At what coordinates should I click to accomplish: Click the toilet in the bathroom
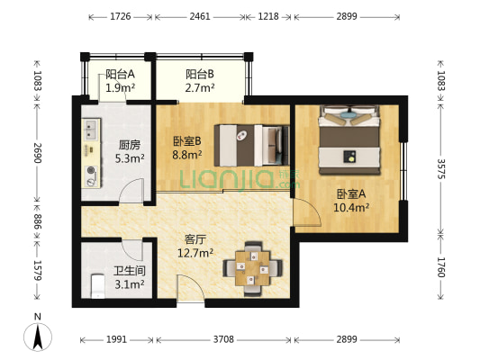click(x=98, y=287)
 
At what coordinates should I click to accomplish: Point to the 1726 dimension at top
click(x=121, y=16)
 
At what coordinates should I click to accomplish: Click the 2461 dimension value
click(x=200, y=16)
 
